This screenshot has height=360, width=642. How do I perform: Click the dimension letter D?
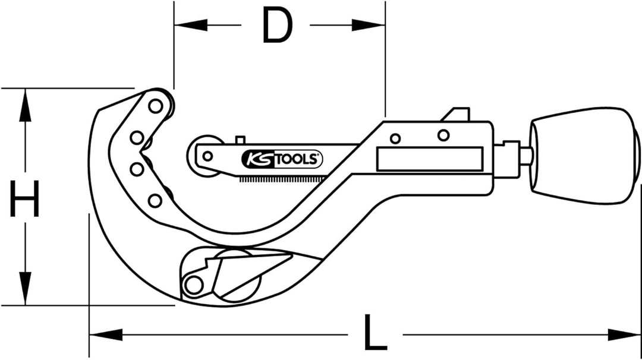[278, 27]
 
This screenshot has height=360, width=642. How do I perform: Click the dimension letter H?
[25, 200]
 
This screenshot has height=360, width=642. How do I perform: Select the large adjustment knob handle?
[584, 156]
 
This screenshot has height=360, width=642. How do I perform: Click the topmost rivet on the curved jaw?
[156, 106]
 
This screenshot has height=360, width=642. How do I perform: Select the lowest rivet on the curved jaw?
[155, 201]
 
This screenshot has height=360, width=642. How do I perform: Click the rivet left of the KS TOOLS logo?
[207, 156]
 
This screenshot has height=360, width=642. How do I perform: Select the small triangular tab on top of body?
[458, 114]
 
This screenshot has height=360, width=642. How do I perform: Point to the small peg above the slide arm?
[240, 140]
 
